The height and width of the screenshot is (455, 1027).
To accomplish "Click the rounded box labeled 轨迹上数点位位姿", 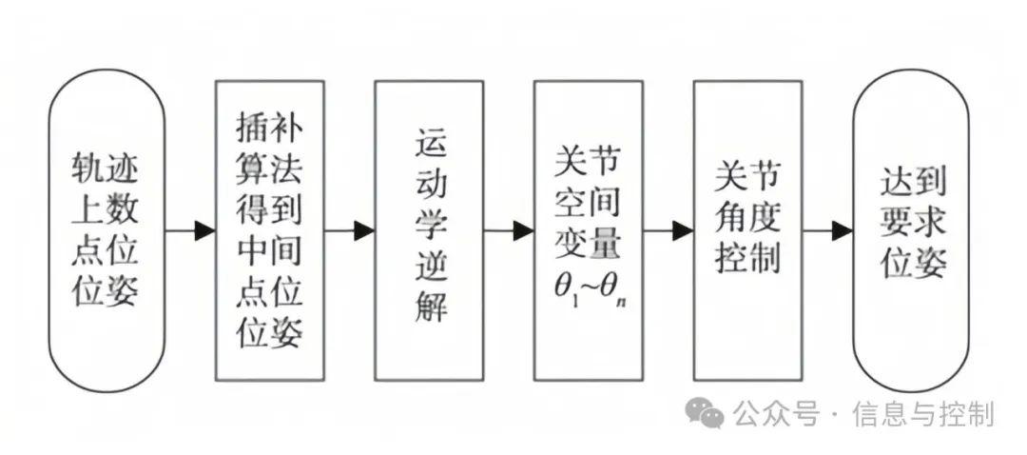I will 107,230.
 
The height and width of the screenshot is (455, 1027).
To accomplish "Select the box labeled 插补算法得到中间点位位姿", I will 270,230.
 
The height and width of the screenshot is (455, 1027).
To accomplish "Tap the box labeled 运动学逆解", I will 429,230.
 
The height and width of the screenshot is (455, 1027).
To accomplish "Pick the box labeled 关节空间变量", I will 588,230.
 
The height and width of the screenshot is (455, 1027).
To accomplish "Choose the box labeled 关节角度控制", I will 747,230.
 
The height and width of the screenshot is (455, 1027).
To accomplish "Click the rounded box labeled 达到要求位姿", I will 914,230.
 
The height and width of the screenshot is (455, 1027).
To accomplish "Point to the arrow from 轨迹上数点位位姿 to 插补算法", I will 190,230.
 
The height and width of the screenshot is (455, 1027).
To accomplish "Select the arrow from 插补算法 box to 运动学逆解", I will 350,230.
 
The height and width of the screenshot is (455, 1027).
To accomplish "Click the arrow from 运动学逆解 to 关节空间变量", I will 509,230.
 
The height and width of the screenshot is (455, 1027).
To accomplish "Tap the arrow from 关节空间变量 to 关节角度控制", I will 669,230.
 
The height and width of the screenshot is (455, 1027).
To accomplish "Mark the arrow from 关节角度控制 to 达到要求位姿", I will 827,230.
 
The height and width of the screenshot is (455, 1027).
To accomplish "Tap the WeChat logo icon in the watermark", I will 706,412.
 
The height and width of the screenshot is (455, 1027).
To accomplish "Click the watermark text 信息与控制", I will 922,414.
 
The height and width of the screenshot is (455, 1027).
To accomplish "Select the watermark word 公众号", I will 775,414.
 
